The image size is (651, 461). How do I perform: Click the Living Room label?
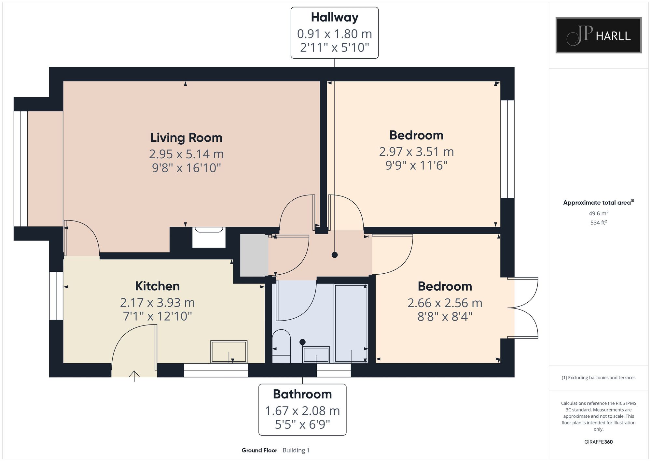click(186, 138)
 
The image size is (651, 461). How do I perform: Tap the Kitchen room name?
click(158, 286)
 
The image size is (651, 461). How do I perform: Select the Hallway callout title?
click(335, 18)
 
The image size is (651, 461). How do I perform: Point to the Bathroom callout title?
click(302, 394)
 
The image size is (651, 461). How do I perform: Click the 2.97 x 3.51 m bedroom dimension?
click(416, 152)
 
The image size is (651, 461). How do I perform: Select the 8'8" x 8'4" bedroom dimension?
click(445, 316)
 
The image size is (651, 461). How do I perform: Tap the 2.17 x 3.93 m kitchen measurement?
click(158, 303)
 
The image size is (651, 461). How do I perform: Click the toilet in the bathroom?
click(281, 346)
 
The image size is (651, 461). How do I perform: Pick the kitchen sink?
click(229, 352)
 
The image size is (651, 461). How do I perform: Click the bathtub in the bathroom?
click(351, 323)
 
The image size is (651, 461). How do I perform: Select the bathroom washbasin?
click(316, 354)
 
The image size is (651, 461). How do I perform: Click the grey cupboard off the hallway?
click(254, 255)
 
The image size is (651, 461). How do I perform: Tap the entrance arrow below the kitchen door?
click(134, 376)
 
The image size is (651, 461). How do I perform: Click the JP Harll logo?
click(598, 35)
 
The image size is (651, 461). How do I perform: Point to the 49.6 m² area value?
click(598, 213)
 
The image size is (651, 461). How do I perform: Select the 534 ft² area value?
click(598, 223)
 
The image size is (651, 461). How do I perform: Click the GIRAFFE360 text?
click(598, 442)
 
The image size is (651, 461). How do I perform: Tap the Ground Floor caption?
click(259, 450)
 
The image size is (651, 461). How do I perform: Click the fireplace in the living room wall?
click(209, 237)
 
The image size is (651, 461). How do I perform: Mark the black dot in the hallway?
click(335, 255)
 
